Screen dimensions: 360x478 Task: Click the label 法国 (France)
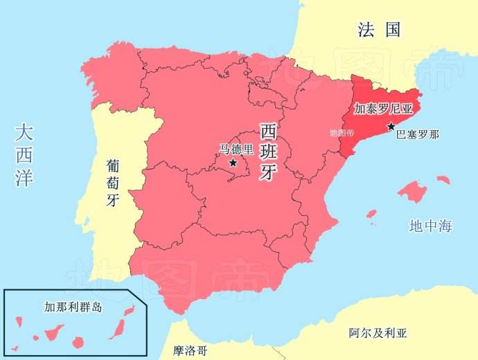[379, 29]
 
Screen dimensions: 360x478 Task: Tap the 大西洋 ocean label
[24, 155]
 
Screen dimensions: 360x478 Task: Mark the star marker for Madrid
[233, 163]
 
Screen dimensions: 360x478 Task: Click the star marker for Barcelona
[391, 126]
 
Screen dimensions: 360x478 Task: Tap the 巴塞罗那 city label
[417, 134]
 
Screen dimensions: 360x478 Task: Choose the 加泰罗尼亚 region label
[383, 109]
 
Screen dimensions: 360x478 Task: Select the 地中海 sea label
[430, 226]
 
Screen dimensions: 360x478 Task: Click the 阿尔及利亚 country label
[378, 333]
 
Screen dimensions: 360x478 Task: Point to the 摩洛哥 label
[190, 350]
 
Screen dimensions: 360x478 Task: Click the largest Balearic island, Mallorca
[414, 192]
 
